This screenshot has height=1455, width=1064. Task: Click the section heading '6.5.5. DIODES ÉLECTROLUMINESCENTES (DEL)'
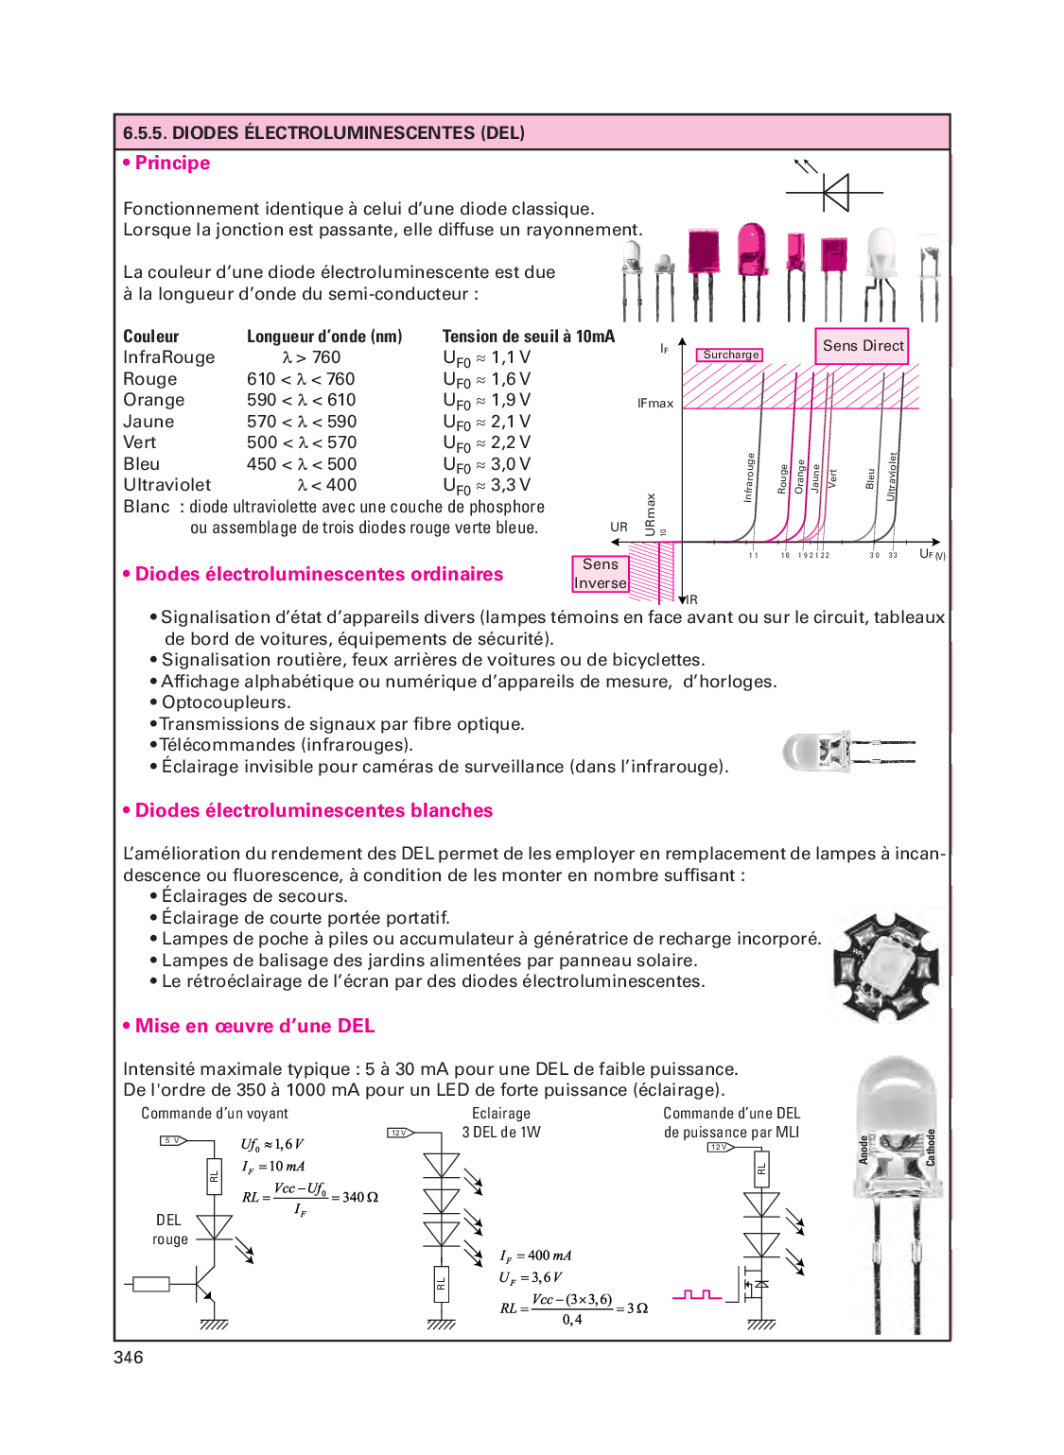323,132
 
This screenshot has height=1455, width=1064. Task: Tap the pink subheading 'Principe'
172,163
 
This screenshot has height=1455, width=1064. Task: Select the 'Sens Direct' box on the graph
863,345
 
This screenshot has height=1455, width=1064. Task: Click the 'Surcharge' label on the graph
730,355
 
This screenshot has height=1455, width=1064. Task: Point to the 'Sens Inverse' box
600,573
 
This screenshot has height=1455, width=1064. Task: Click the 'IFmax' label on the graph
654,403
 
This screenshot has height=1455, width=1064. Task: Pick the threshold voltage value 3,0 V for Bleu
510,464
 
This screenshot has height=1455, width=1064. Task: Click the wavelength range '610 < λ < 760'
301,379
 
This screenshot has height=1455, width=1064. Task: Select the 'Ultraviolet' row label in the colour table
167,485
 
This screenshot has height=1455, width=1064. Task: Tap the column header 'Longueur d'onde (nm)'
324,337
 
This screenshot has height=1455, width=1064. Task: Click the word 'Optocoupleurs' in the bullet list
225,702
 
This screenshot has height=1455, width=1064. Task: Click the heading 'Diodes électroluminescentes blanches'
313,810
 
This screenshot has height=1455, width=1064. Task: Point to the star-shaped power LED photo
886,965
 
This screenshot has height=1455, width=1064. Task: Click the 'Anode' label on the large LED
863,1150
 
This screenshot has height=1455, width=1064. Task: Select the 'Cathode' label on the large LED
931,1147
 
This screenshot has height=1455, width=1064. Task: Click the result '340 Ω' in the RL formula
360,1197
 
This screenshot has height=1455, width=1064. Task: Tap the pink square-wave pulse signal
697,1294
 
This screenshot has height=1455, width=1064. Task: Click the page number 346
129,1358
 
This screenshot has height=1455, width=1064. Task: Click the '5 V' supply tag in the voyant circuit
172,1140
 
